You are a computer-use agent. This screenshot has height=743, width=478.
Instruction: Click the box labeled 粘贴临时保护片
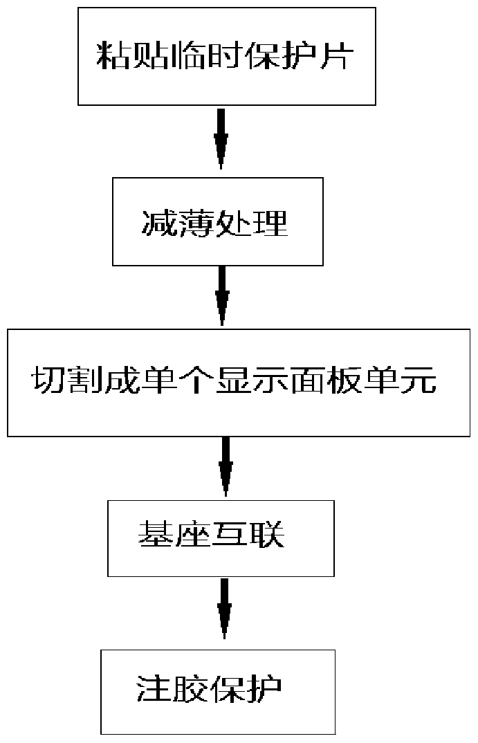[226, 55]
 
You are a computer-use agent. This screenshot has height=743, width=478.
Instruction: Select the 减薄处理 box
[217, 221]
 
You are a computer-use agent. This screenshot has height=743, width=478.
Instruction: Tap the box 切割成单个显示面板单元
[238, 382]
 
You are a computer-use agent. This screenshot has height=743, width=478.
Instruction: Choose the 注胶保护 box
[218, 691]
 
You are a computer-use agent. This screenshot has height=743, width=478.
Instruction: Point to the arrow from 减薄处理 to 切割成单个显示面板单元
[221, 296]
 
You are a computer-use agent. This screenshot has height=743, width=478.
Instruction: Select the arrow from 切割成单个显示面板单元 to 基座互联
[226, 466]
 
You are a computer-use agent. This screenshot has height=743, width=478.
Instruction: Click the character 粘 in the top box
[113, 57]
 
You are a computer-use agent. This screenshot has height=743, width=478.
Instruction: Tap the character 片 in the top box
[340, 57]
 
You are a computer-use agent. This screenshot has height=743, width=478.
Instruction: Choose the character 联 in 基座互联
[269, 536]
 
